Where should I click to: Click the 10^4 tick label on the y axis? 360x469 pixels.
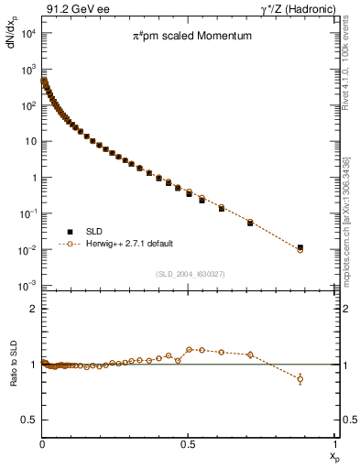(27, 34)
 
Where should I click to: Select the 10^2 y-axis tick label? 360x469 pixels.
(27, 106)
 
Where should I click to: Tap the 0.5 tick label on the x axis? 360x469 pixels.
(189, 442)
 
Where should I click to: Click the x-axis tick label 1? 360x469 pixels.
(335, 442)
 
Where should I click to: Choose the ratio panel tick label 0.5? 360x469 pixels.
(28, 420)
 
